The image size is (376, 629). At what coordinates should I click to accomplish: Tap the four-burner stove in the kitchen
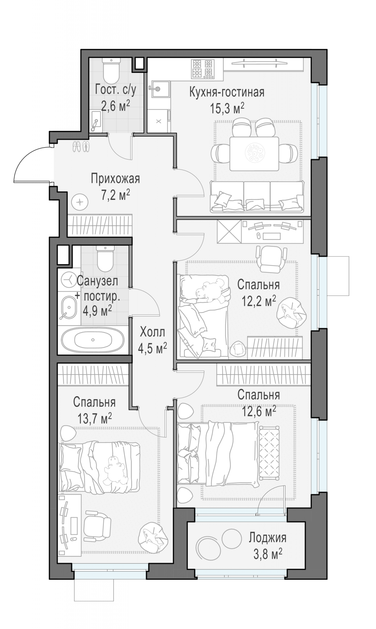tap(202, 69)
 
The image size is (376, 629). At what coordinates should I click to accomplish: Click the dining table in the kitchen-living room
tap(254, 153)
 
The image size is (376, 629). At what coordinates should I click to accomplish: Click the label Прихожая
tap(115, 179)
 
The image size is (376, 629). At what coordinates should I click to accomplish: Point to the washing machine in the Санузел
tap(68, 280)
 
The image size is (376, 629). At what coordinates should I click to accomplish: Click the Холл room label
tap(152, 331)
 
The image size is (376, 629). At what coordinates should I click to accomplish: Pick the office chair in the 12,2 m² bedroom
tap(272, 258)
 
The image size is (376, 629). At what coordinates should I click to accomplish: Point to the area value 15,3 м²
tap(227, 109)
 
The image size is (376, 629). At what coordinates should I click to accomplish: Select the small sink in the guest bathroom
tap(96, 121)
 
